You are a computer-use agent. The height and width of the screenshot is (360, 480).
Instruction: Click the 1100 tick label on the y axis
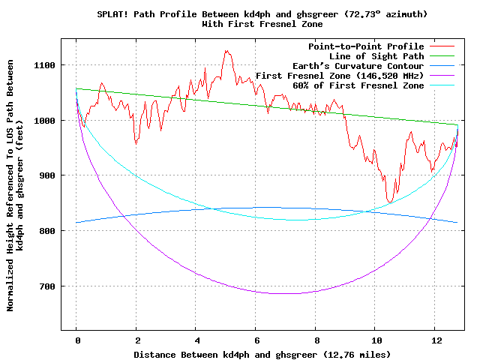point(44,65)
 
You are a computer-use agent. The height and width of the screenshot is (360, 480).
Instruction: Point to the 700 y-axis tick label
point(47,286)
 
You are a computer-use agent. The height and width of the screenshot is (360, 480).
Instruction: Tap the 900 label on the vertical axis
point(47,175)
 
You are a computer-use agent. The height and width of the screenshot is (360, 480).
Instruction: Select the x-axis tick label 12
point(436,340)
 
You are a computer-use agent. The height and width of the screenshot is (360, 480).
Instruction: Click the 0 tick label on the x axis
point(78,340)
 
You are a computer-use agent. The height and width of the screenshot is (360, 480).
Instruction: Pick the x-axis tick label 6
point(257,340)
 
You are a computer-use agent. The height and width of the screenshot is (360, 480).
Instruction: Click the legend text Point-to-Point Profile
point(366,46)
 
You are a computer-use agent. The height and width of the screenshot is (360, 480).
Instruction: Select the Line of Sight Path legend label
point(376,56)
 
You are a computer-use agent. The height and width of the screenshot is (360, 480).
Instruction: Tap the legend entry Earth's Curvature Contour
point(358,66)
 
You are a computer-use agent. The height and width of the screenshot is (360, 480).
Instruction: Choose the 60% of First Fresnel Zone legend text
point(358,85)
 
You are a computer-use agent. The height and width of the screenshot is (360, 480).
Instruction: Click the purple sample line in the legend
point(442,75)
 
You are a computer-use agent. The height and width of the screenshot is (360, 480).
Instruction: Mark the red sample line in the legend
point(442,46)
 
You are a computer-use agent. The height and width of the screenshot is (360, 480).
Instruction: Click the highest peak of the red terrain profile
point(226,50)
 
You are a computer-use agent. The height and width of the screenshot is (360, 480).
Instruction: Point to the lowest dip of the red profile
point(390,202)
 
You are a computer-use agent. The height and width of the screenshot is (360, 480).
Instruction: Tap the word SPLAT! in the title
point(112,14)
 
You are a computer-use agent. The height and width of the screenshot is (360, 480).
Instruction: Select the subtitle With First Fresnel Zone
point(262,24)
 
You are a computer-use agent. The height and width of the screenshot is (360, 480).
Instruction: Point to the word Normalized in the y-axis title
point(10,286)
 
